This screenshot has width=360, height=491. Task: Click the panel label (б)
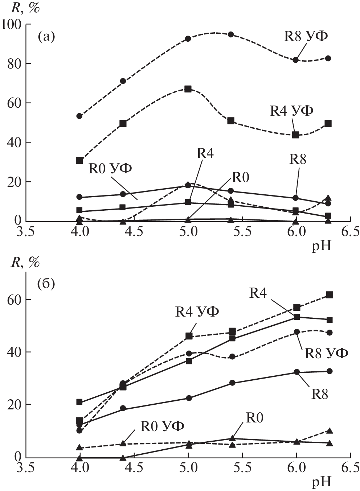point(46,284)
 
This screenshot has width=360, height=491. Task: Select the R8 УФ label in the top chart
point(306,36)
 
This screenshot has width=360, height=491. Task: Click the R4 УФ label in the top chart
point(291,111)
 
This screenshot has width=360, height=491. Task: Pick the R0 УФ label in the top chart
point(110,169)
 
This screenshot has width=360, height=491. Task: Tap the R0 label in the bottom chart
point(254,418)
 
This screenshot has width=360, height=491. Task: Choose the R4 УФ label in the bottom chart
point(197,311)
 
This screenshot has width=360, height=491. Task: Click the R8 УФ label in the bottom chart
point(326,353)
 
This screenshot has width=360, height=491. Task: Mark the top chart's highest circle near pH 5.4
point(230,34)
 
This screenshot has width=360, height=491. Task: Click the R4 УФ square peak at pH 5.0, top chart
point(188,89)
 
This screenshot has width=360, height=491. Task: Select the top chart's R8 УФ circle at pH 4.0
point(79,116)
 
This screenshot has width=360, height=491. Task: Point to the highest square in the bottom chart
point(330,295)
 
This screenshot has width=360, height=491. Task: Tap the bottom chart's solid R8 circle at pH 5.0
point(189,398)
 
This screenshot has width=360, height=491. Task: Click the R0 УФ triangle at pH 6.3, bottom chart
point(330,431)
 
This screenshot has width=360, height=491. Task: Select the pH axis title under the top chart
point(321,247)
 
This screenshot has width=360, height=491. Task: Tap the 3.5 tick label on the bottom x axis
point(26,468)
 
